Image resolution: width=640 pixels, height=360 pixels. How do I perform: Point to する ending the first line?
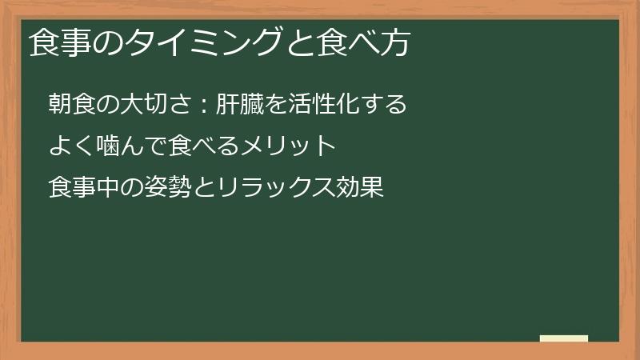pyautogui.click(x=387, y=104)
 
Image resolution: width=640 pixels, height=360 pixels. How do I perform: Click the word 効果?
pyautogui.click(x=365, y=189)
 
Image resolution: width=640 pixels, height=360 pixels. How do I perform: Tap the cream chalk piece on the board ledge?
pyautogui.click(x=564, y=338)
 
